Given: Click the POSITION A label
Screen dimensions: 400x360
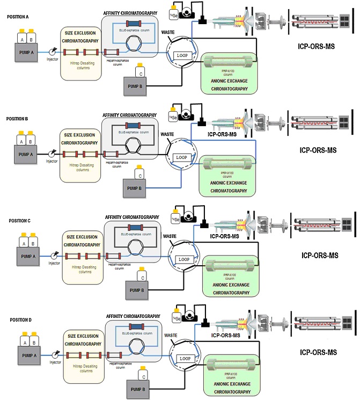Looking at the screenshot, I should [x=18, y=17].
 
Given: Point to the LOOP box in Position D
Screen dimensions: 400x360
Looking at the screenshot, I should [x=185, y=358].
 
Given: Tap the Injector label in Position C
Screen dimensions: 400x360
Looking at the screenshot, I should [x=54, y=263].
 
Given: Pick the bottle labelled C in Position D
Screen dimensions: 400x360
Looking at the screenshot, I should [x=143, y=376].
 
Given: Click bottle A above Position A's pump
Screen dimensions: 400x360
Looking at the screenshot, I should [x=21, y=40].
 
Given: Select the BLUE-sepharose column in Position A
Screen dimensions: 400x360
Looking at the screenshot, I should [x=132, y=23].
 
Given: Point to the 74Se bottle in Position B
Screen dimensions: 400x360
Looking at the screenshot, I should [x=172, y=117].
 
